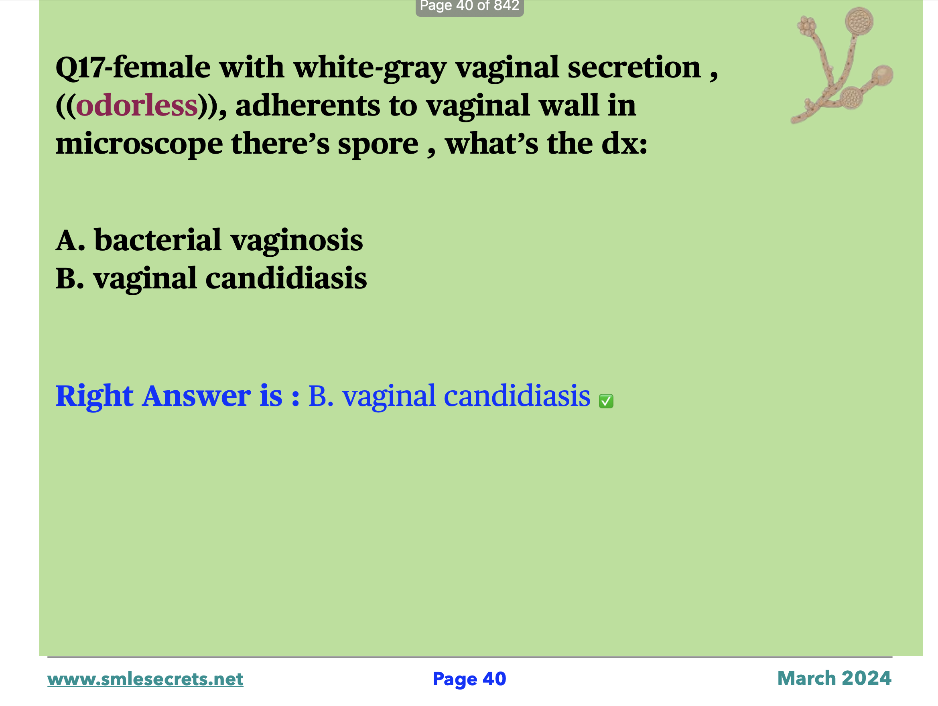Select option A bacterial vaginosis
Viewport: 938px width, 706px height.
(x=209, y=240)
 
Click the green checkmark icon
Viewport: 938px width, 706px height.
(x=606, y=401)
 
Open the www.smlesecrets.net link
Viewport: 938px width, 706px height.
(x=145, y=679)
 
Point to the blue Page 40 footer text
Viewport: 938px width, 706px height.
(x=469, y=679)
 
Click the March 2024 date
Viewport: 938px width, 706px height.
(x=834, y=678)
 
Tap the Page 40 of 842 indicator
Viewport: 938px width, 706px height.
(x=469, y=6)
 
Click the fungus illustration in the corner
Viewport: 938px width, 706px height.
(x=842, y=66)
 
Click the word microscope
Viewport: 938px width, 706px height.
(x=139, y=144)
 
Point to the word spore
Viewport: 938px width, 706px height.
(x=378, y=144)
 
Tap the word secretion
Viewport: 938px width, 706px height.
(x=634, y=67)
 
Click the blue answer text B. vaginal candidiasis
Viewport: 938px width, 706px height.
(x=449, y=396)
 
